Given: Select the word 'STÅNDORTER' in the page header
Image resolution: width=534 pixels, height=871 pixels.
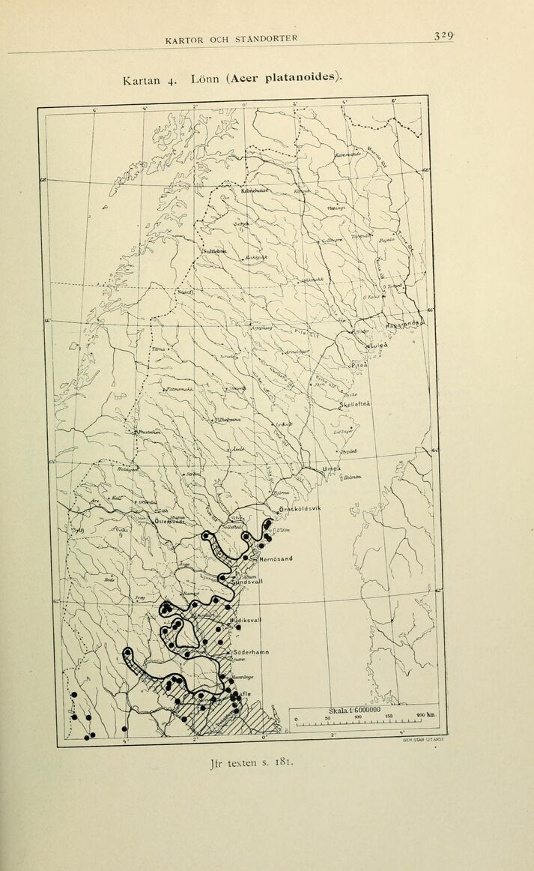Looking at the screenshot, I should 257,38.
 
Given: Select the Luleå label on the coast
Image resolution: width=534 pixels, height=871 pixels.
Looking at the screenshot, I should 379,346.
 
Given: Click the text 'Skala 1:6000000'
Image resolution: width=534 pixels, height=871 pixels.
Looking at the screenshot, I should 354,710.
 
